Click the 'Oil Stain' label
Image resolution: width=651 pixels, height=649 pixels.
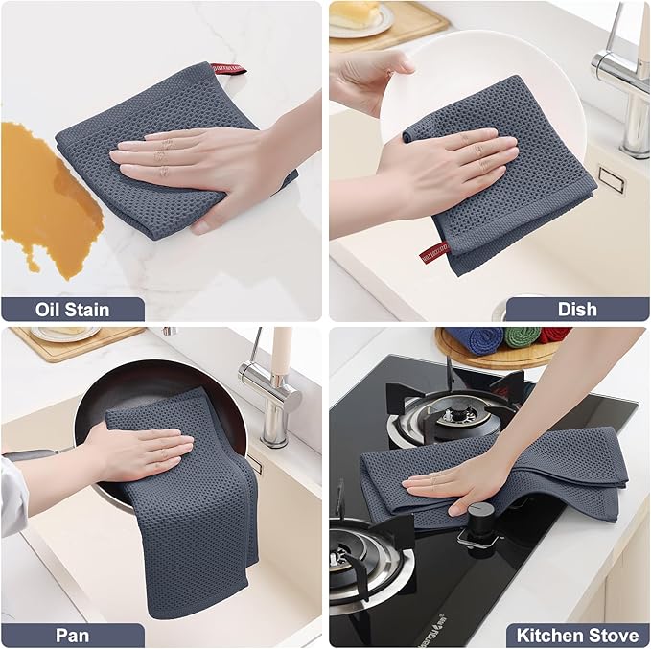coord(72,309)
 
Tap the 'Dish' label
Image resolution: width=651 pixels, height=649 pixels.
coord(576,309)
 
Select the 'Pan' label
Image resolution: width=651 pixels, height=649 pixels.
coord(72,635)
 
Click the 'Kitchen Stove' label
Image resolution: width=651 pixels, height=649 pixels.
coord(577,635)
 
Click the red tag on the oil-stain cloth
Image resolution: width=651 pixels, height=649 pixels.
coord(228,69)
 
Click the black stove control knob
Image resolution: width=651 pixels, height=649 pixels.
coord(477,522)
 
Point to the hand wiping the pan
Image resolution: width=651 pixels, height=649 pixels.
coord(139,451)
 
